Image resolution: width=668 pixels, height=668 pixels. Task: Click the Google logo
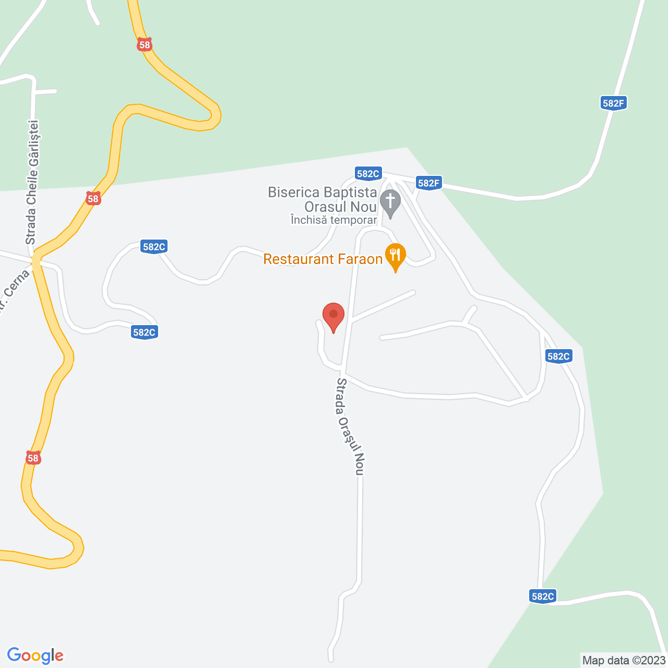[x=35, y=655]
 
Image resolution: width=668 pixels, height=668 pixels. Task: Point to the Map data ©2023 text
[x=624, y=660]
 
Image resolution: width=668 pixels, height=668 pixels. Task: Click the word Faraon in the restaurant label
[x=360, y=259]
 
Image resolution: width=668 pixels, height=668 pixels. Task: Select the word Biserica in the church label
[x=292, y=192]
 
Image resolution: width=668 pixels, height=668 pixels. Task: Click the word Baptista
[x=349, y=192]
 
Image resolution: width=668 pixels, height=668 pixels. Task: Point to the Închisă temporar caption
[x=333, y=220]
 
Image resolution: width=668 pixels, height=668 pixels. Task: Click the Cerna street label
[x=15, y=287]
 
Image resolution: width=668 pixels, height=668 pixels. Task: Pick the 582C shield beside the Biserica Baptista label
[x=368, y=174]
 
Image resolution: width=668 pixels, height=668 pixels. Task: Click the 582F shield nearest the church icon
[x=429, y=183]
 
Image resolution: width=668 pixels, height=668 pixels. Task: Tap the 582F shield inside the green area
[x=613, y=103]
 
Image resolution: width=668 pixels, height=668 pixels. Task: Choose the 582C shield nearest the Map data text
[x=543, y=596]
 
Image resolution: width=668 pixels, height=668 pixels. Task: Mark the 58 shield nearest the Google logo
[x=33, y=458]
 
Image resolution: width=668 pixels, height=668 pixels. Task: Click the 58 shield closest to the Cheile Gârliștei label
[x=93, y=198]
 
